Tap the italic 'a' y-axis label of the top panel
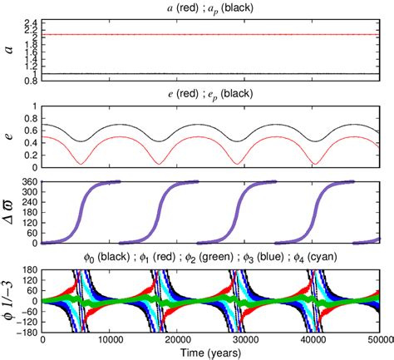pos(9,49)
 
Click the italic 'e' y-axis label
pos(9,134)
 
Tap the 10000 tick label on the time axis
pos(111,340)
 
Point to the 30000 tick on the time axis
pos(246,340)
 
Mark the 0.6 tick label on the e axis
pos(31,129)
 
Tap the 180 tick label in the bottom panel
pos(29,269)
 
